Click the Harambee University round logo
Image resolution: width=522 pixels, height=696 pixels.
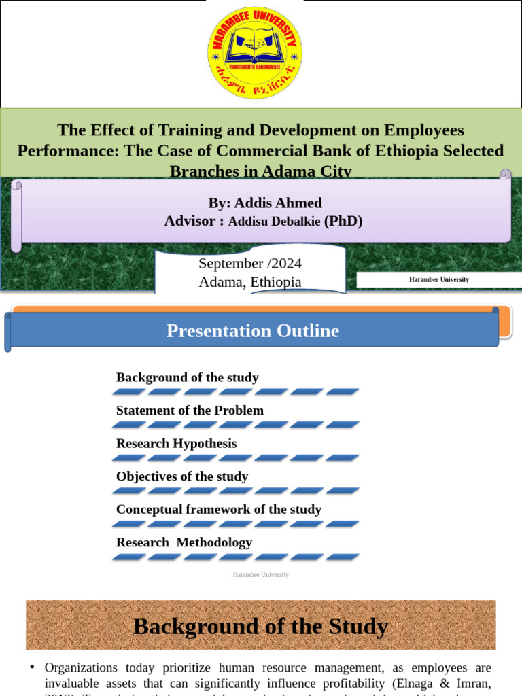click(x=255, y=52)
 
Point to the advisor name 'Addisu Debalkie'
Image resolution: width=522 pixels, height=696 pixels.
click(x=275, y=221)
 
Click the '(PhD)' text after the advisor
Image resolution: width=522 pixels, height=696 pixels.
click(x=343, y=221)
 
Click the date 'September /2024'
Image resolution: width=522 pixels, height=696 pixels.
click(x=250, y=264)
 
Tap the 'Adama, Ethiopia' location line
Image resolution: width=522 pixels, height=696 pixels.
click(x=250, y=281)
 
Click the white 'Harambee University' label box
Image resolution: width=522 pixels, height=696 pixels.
click(x=438, y=279)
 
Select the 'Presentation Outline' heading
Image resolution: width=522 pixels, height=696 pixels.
click(x=253, y=331)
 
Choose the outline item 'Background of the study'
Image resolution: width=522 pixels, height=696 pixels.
click(x=188, y=377)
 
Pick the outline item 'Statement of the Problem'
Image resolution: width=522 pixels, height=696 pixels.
click(x=190, y=411)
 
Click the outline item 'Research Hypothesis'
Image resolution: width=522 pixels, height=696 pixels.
click(x=177, y=443)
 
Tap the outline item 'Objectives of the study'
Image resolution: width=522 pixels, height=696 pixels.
click(x=182, y=476)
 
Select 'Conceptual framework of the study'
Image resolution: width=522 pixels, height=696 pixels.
click(x=219, y=509)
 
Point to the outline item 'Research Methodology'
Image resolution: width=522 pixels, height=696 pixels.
click(x=184, y=542)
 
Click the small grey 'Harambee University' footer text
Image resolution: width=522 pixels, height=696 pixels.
click(x=261, y=575)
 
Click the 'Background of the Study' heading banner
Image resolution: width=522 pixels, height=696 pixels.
click(x=261, y=625)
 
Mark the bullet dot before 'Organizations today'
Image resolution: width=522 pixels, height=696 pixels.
click(x=32, y=668)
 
